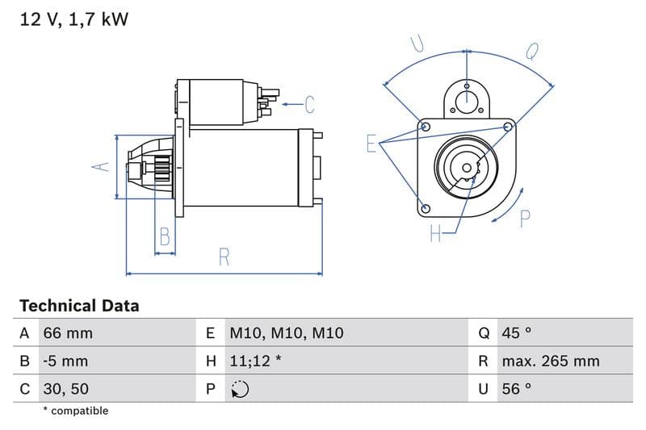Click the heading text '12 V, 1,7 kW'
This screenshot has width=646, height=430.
(73, 19)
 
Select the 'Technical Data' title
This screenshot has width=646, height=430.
(79, 306)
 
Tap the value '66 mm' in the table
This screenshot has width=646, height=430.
(68, 333)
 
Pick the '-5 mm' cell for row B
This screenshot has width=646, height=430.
(65, 361)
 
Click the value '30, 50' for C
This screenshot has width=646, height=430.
(66, 389)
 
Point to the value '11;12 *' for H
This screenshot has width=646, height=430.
(255, 361)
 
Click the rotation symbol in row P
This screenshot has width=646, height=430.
(240, 390)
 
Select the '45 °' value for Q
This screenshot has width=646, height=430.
(518, 333)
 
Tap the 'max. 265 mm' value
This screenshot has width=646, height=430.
(550, 361)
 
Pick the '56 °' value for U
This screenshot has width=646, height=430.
(517, 389)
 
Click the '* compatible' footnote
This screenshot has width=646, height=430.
(75, 411)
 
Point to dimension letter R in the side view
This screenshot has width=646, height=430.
(224, 257)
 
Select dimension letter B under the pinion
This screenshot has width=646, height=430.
(165, 236)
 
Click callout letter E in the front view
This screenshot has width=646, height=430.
(371, 144)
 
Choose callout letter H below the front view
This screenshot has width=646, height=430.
(435, 234)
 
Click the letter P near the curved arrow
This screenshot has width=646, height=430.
(525, 218)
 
